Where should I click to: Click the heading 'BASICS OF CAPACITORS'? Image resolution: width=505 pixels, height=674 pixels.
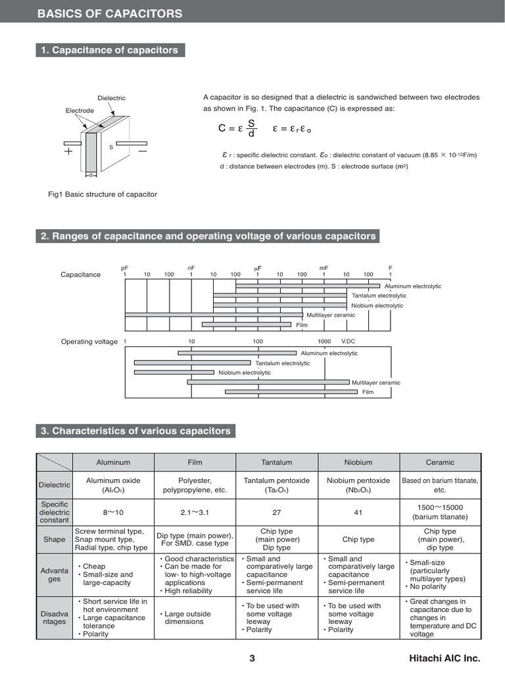coord(110,14)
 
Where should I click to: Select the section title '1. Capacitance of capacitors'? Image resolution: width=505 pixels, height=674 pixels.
coord(109,50)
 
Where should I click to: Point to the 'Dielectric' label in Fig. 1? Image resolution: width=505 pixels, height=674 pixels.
coord(111,98)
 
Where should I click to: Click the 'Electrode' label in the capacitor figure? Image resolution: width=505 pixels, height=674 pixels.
coord(79,111)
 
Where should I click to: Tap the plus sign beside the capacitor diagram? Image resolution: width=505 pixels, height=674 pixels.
coord(68,151)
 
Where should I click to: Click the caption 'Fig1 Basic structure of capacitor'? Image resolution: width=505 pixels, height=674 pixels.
coord(103,194)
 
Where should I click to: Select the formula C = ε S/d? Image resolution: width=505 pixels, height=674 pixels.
coord(237,129)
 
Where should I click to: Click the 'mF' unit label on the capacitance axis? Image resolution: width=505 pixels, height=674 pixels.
coord(324,268)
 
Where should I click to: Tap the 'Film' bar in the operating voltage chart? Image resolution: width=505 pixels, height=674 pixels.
coord(292,392)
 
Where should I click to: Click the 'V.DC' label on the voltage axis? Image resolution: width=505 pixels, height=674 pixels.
coord(348,342)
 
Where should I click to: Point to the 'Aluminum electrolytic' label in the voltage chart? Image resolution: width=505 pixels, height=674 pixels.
coord(329,353)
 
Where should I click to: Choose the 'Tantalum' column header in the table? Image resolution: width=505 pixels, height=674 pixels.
coord(276,462)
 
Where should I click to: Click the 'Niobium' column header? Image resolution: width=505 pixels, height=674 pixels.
coord(358,462)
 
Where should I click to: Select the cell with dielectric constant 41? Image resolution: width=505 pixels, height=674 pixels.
coord(358,511)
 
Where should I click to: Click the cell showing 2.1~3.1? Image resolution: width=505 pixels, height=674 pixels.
coord(194,511)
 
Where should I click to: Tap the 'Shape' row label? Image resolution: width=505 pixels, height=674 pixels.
coord(54,539)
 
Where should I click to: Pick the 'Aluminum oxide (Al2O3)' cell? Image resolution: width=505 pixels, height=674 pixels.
coord(113,485)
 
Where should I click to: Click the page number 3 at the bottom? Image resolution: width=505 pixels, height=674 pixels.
coord(252,658)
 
